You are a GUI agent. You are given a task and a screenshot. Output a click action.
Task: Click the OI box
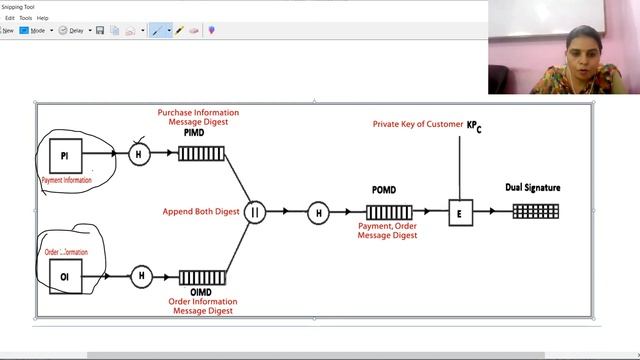click(64, 276)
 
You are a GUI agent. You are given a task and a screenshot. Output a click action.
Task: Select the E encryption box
click(460, 212)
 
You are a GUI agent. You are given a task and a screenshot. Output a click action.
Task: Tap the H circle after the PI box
click(141, 154)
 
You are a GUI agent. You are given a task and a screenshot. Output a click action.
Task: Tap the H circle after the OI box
click(141, 276)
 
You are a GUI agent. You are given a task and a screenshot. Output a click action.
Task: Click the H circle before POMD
click(318, 212)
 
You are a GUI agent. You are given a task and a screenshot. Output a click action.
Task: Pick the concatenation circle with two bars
click(255, 212)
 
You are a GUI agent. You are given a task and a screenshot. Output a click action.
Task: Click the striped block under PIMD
click(201, 154)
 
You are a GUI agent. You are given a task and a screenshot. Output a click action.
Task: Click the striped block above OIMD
click(201, 276)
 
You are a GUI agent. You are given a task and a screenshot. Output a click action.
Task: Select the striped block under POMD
click(389, 212)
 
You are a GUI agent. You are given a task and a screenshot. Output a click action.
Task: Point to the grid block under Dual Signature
click(535, 211)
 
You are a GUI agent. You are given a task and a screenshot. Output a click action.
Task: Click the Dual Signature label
click(533, 188)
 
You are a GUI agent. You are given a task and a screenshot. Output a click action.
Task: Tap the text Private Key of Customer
click(418, 124)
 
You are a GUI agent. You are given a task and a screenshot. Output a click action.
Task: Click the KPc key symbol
click(474, 126)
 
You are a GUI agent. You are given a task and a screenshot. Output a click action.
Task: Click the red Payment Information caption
click(66, 180)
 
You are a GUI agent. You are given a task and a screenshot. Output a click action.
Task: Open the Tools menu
click(26, 18)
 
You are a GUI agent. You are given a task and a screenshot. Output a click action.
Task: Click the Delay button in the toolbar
click(72, 30)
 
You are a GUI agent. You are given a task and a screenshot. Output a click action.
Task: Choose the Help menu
click(43, 18)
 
